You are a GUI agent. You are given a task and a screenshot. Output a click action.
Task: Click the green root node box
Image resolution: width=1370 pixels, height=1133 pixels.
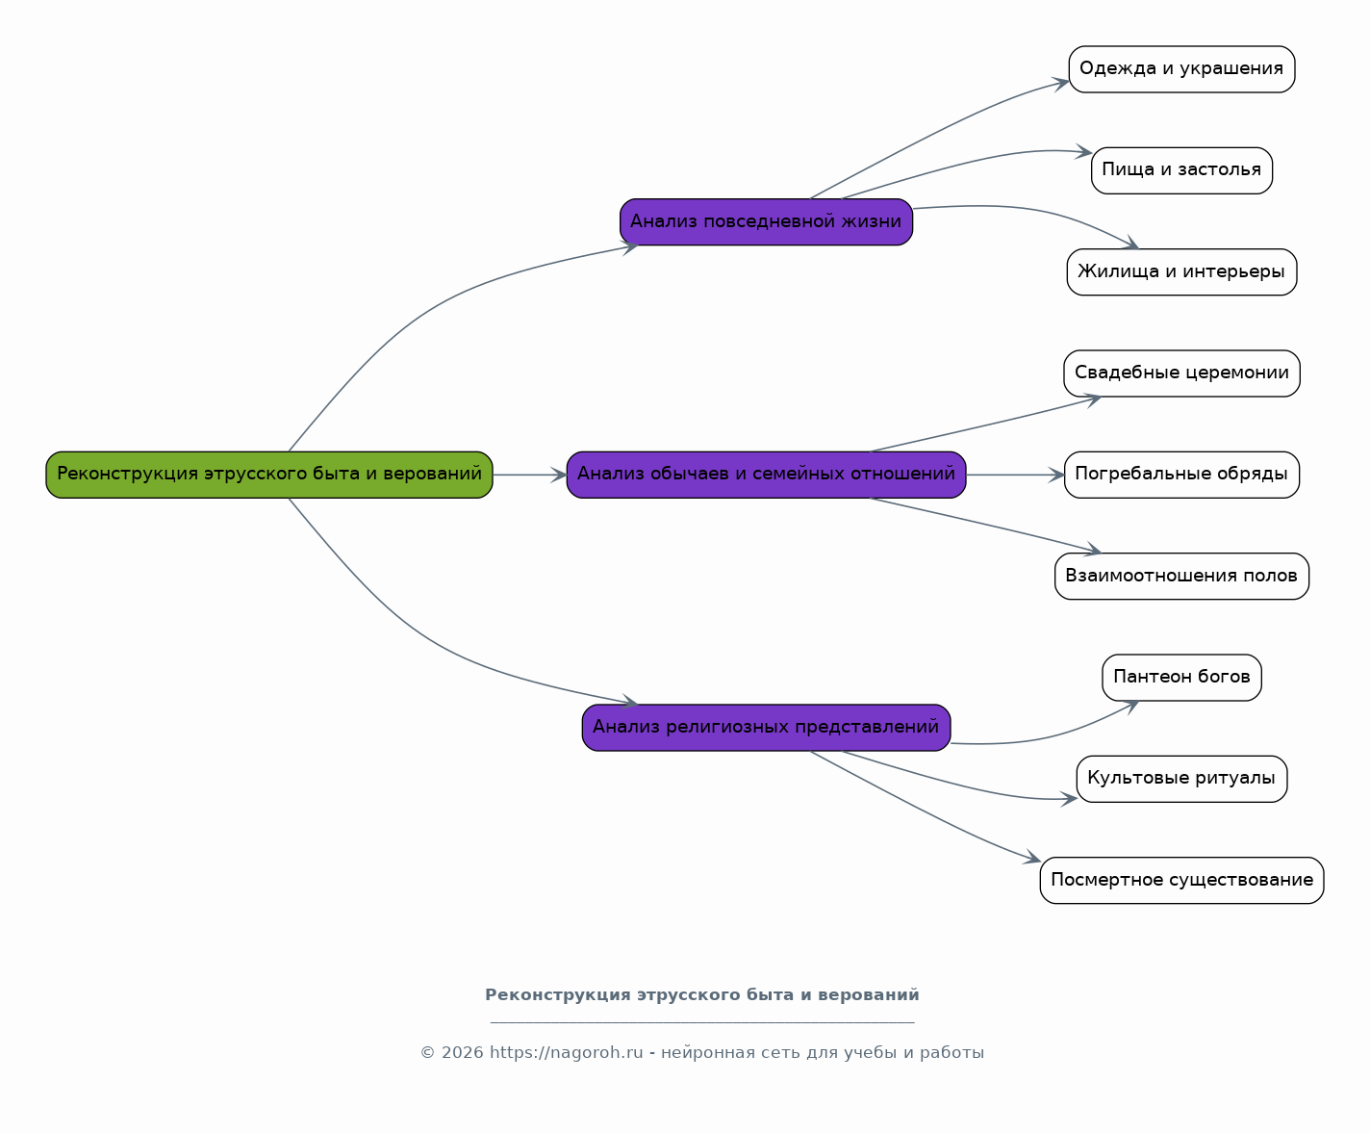point(269,475)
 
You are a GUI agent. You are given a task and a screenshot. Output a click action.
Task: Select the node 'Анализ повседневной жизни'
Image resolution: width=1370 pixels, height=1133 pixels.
point(767,221)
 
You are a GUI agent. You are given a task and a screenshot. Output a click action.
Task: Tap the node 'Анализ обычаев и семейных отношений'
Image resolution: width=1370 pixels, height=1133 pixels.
point(767,475)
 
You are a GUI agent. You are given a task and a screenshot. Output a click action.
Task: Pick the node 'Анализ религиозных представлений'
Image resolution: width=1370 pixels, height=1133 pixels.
point(767,728)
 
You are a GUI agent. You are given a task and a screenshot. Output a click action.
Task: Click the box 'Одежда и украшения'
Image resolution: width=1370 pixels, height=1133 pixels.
point(1181,69)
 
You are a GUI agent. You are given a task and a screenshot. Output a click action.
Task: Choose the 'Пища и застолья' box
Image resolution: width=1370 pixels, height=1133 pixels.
point(1181,170)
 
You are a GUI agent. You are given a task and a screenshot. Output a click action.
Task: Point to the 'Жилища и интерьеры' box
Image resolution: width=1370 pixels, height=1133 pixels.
point(1181,271)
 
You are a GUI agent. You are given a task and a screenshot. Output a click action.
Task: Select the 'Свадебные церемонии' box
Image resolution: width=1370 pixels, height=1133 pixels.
point(1181,373)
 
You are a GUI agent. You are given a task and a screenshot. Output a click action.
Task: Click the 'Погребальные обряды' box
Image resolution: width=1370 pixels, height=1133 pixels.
point(1181,475)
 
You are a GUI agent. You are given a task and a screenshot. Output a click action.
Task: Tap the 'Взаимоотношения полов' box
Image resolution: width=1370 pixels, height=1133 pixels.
point(1181,577)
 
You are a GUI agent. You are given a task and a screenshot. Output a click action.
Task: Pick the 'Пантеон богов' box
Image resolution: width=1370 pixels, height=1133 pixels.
point(1181,678)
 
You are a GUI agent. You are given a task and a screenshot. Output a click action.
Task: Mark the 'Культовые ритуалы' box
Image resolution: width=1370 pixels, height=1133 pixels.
point(1181,779)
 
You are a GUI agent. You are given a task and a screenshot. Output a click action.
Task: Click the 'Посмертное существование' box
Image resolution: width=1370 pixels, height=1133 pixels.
point(1181,880)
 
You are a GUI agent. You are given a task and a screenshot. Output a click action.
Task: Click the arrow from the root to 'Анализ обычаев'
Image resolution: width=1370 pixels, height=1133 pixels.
point(530,475)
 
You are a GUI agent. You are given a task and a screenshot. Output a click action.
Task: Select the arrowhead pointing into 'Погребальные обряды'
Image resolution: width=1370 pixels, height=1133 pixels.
point(1056,475)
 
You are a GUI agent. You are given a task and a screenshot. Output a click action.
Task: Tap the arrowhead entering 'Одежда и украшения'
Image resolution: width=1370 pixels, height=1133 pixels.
point(1061,84)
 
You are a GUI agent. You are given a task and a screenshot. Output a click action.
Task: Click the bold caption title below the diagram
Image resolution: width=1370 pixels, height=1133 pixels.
point(702,995)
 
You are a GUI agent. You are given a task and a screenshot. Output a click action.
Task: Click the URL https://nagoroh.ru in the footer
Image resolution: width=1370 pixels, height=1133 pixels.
point(567,1053)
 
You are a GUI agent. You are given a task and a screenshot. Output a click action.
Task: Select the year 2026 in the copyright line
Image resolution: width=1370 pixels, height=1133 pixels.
point(462,1053)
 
